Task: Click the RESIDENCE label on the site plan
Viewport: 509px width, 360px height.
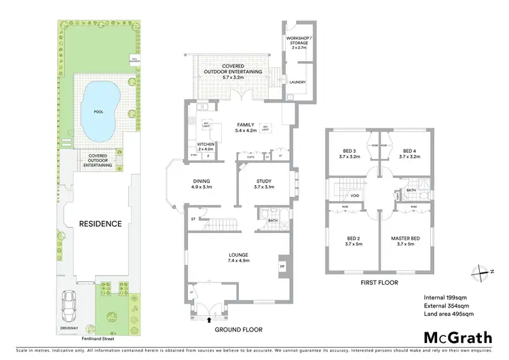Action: (100, 223)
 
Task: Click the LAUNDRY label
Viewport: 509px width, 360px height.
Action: (297, 83)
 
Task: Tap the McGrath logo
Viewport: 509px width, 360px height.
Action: (458, 338)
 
